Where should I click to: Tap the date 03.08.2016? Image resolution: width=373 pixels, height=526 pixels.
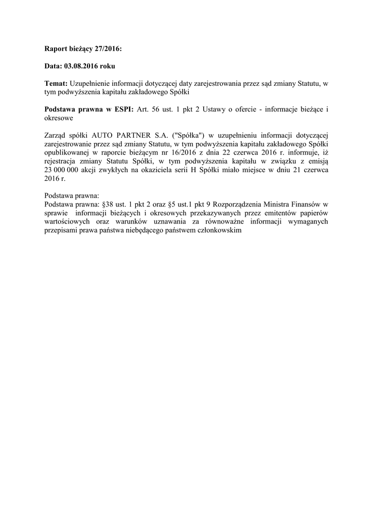tap(82, 66)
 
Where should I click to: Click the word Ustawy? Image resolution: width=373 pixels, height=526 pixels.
tap(220, 109)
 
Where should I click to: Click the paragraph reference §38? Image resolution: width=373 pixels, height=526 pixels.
tap(109, 205)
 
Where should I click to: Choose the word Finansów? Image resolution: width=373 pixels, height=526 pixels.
tap(307, 205)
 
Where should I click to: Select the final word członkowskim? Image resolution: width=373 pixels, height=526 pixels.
tap(218, 231)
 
